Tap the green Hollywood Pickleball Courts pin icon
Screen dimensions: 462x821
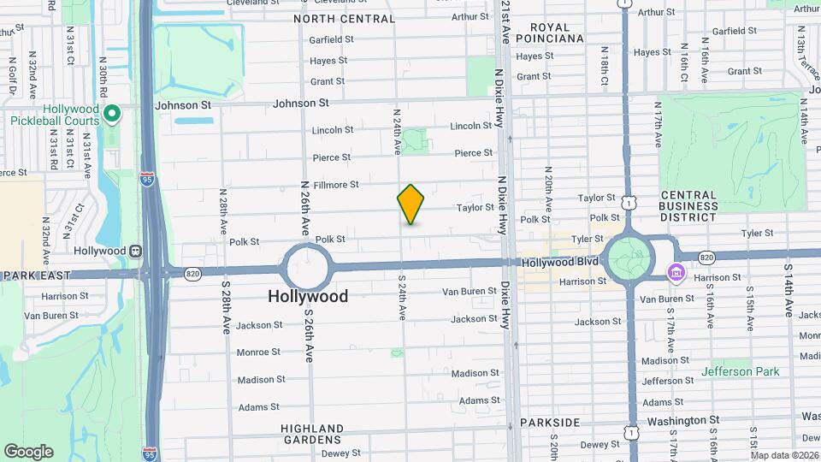coord(111,113)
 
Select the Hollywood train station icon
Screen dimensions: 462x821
coord(134,251)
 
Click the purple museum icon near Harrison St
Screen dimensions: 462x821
coord(676,273)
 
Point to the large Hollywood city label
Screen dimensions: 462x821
coord(308,296)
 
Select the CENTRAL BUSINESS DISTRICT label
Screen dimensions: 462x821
coord(688,205)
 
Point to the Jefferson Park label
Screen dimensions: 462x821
coord(740,371)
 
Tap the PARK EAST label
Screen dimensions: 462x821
coord(35,275)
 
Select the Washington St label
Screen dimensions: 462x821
coord(682,421)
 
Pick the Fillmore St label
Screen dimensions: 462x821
coord(335,184)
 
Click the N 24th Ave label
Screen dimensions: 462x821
coord(397,131)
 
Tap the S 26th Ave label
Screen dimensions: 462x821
coord(307,331)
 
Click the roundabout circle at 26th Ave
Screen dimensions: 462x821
coord(308,266)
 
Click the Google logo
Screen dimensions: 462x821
coord(28,451)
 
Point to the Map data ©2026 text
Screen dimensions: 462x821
coord(783,455)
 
